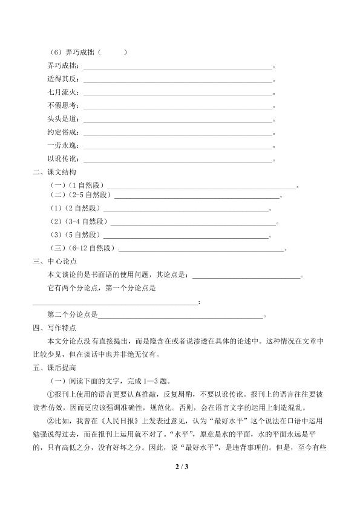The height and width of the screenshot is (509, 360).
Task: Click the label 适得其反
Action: click(62, 79)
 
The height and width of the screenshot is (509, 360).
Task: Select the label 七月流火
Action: click(62, 92)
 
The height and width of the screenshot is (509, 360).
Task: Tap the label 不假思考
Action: click(62, 106)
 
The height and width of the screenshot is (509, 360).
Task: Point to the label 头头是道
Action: click(62, 119)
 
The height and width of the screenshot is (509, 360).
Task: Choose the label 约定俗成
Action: click(62, 132)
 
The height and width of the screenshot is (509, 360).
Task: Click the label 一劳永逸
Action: click(62, 146)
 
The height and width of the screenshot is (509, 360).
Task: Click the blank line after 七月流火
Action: click(178, 94)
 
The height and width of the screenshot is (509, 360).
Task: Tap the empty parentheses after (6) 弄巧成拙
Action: click(111, 53)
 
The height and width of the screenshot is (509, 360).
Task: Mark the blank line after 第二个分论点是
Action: click(180, 316)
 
